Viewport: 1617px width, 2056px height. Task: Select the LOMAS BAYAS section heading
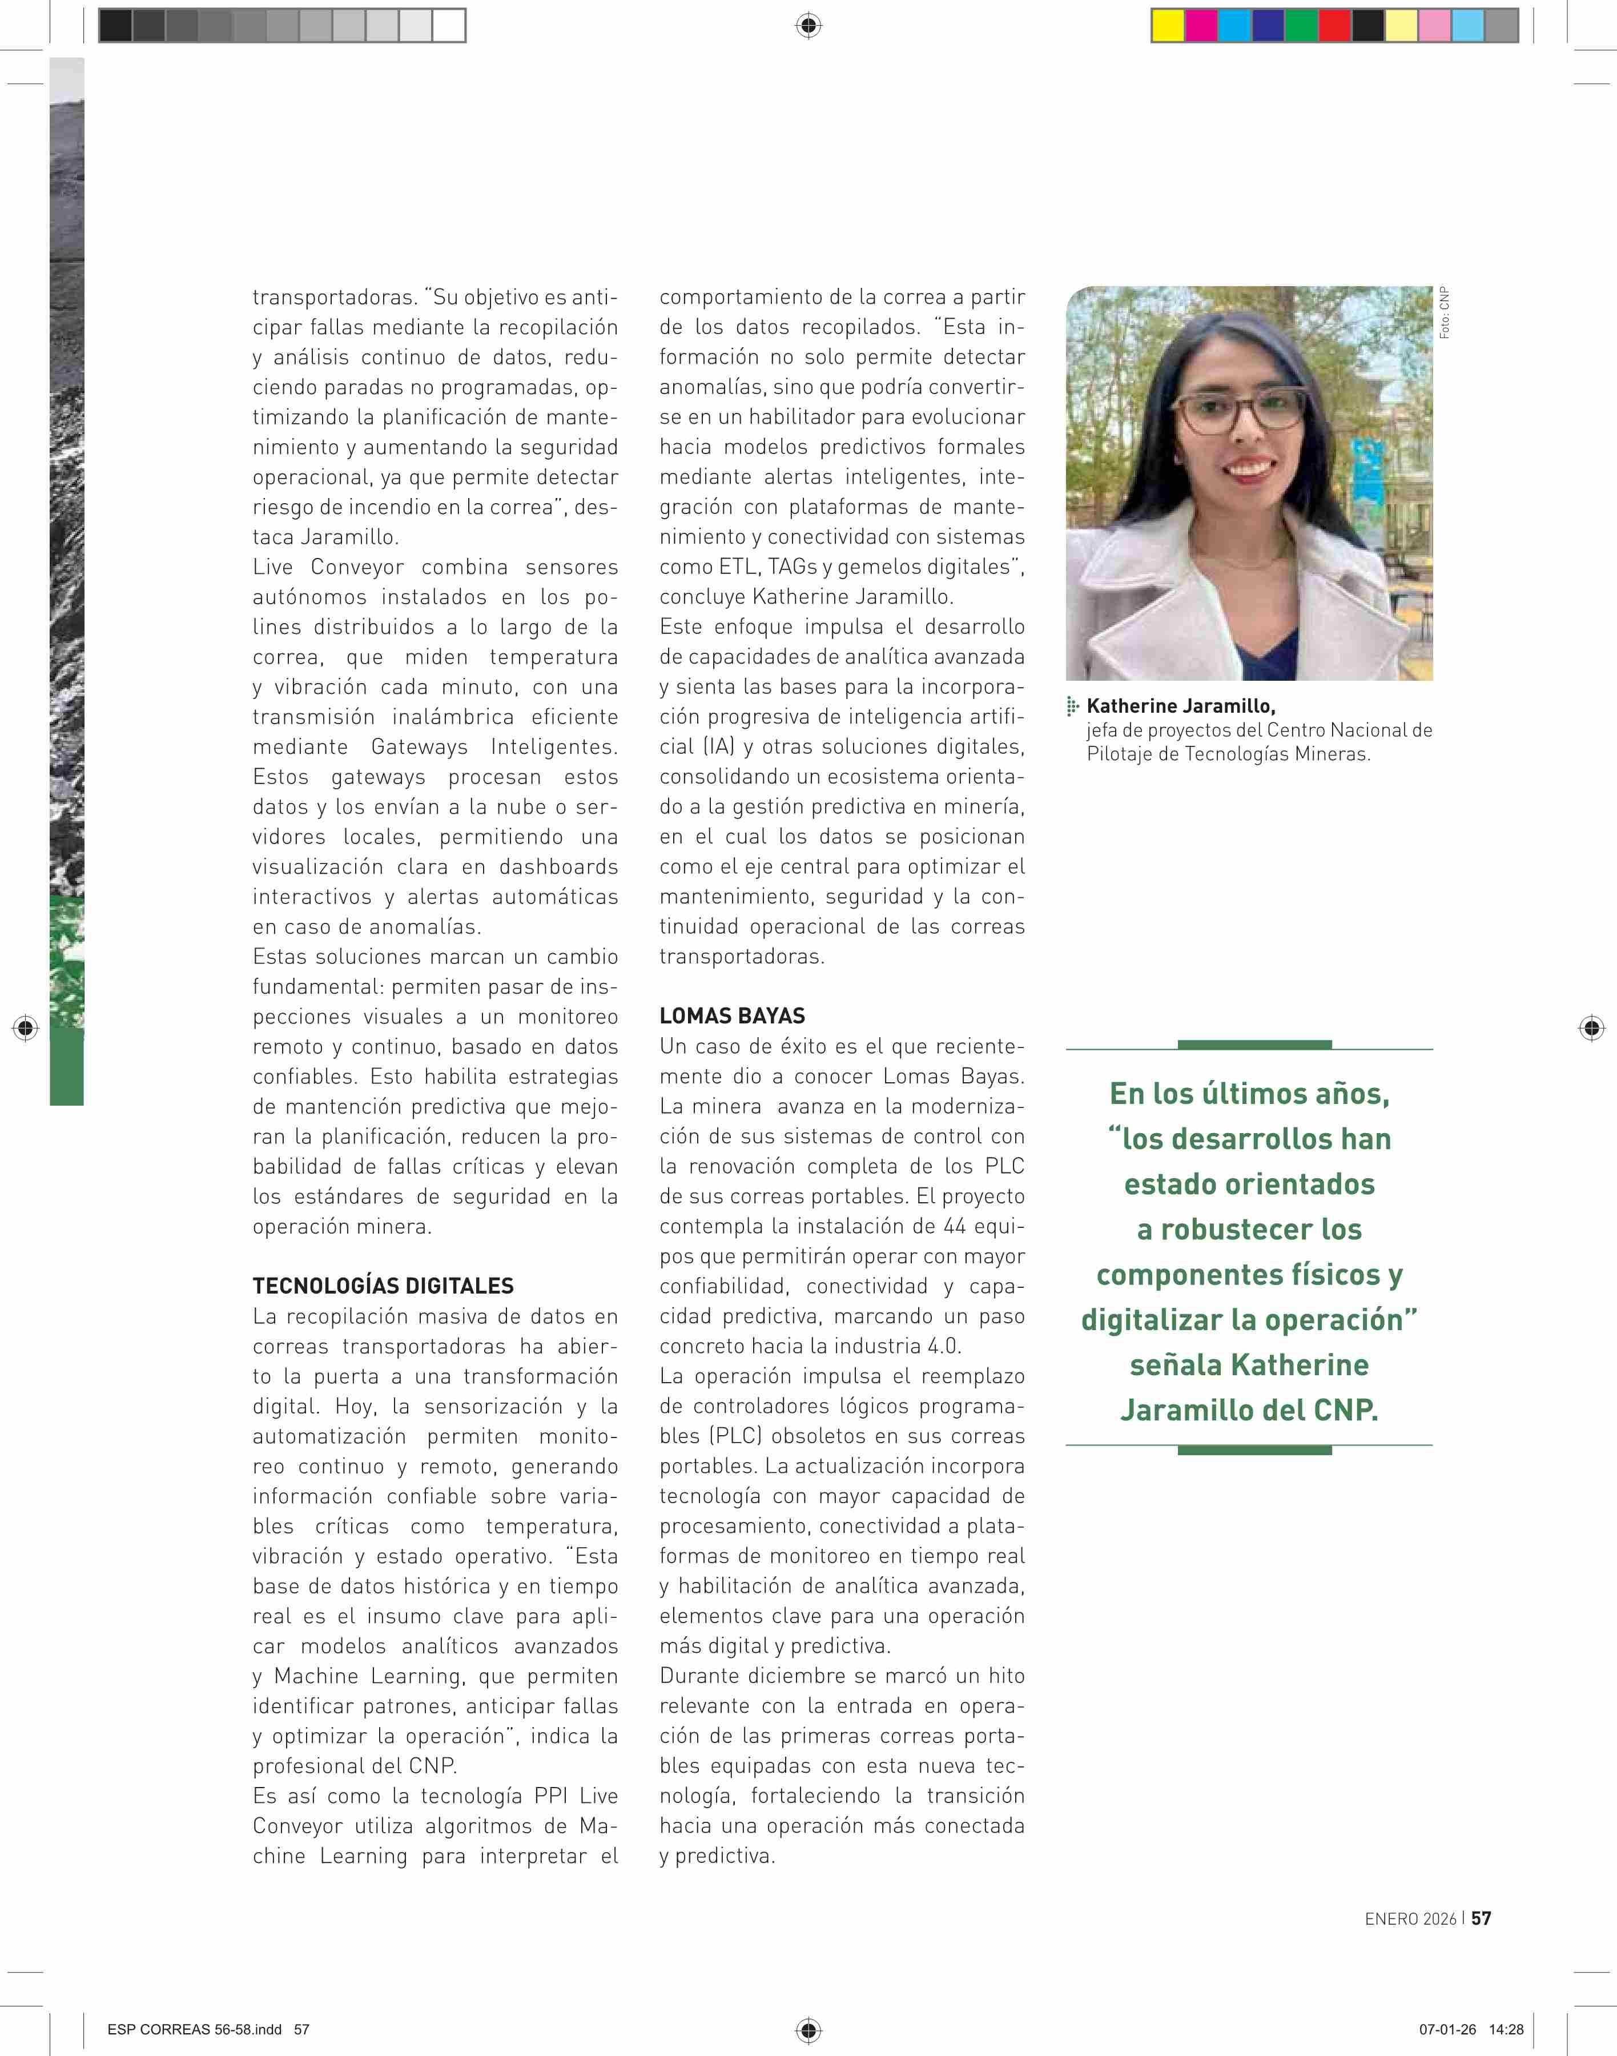[732, 1015]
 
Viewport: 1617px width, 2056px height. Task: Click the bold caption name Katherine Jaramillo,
[1181, 705]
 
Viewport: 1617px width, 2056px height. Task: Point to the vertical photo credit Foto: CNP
[1444, 312]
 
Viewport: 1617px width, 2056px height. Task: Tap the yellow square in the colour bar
[1167, 26]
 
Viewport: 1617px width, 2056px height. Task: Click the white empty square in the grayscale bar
[449, 26]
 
